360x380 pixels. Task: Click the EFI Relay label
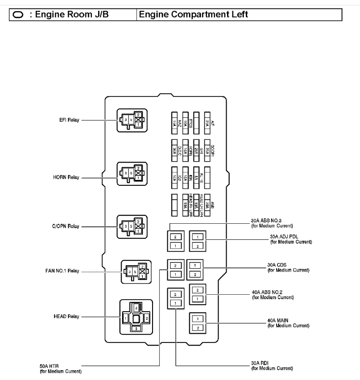68,120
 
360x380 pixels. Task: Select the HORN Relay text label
66,177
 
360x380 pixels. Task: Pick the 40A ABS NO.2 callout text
273,294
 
